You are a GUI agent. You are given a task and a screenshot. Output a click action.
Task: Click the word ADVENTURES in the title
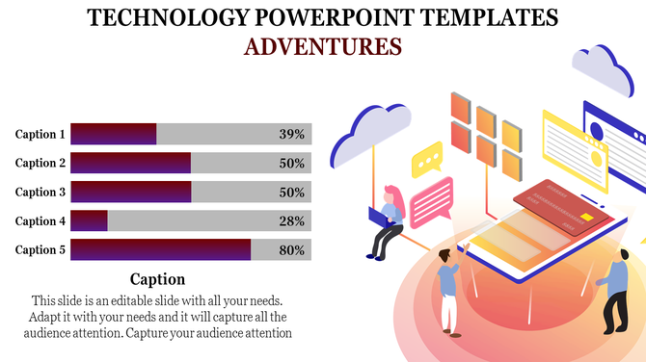(x=322, y=45)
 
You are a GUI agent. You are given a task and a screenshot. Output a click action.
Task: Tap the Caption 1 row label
(x=40, y=135)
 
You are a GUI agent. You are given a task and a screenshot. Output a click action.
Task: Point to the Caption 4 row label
(x=40, y=221)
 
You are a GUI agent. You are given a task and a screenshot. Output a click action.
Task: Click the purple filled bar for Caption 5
(x=160, y=250)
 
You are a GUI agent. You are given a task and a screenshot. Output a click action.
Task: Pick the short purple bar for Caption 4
(x=89, y=221)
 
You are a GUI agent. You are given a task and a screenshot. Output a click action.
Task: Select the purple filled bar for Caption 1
(x=113, y=135)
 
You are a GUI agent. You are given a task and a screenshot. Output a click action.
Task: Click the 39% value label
(x=291, y=135)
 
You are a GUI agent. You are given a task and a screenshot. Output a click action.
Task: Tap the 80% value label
(x=291, y=250)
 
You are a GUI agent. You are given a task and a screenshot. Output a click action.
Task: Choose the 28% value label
(x=291, y=221)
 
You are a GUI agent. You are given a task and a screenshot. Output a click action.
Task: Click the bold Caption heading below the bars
(x=157, y=279)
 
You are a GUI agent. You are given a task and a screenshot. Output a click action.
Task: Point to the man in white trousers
(x=448, y=289)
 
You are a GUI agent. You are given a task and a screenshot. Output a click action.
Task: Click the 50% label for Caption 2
(x=291, y=164)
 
